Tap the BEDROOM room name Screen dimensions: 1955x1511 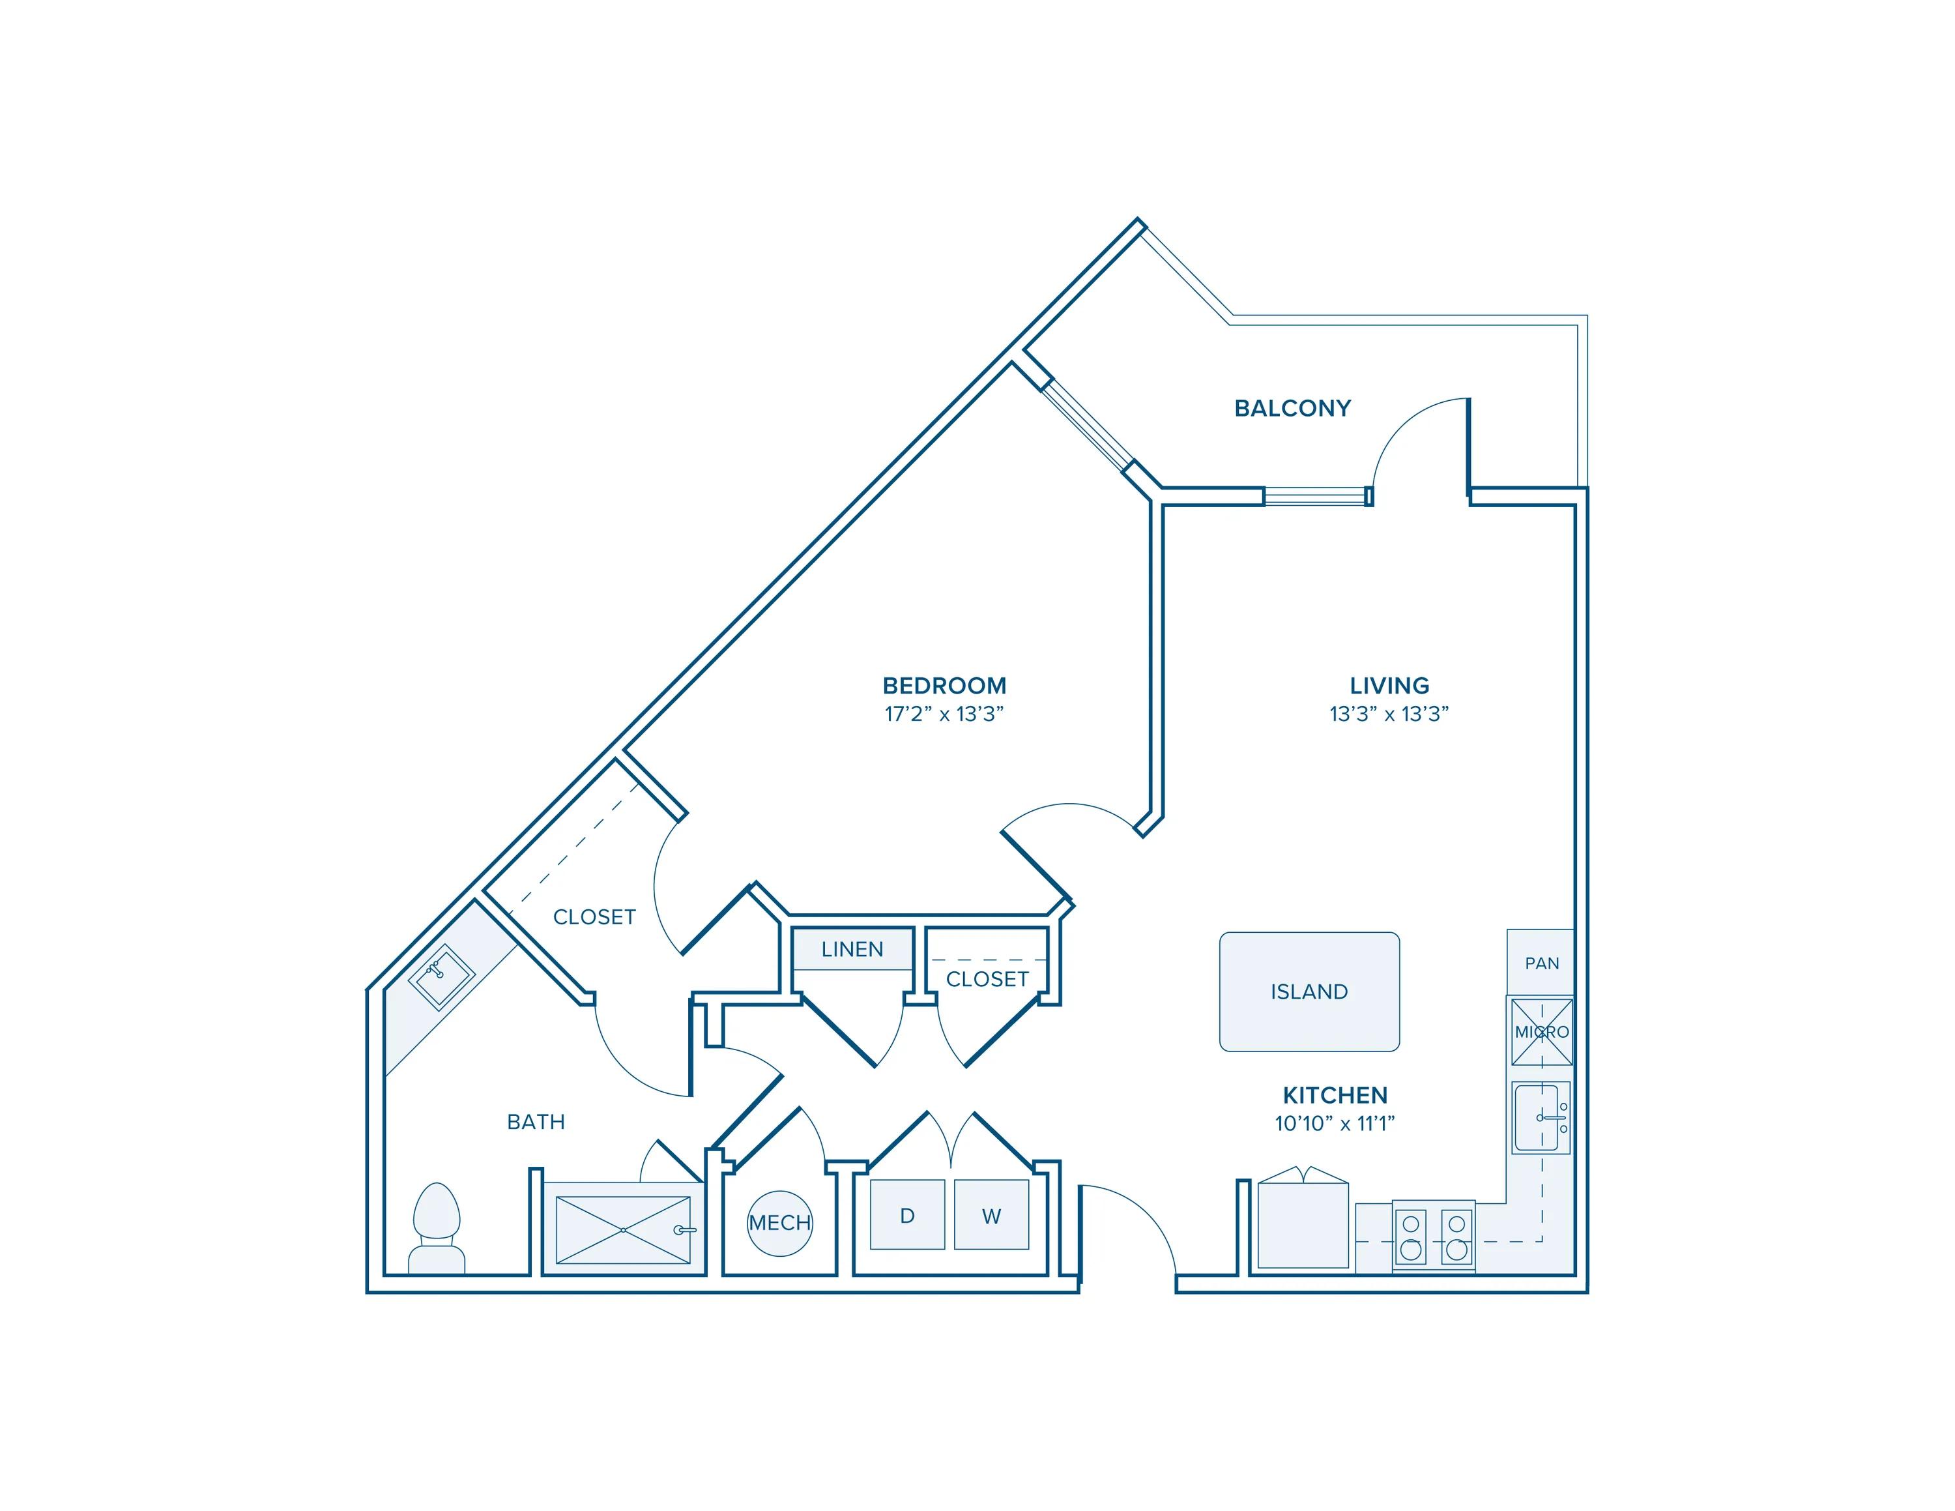pyautogui.click(x=944, y=686)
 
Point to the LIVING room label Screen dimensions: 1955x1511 pyautogui.click(x=1389, y=686)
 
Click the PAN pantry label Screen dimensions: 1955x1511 pyautogui.click(x=1541, y=963)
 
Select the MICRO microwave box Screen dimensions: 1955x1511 pyautogui.click(x=1541, y=1032)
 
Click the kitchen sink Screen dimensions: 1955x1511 pyautogui.click(x=1541, y=1118)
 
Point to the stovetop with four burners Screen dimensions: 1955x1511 pyautogui.click(x=1433, y=1236)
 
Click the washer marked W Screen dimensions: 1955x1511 pyautogui.click(x=991, y=1214)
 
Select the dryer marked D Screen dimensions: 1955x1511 pyautogui.click(x=906, y=1214)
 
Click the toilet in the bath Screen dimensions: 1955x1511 pyautogui.click(x=437, y=1229)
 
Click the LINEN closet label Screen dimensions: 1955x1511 pyautogui.click(x=852, y=949)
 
